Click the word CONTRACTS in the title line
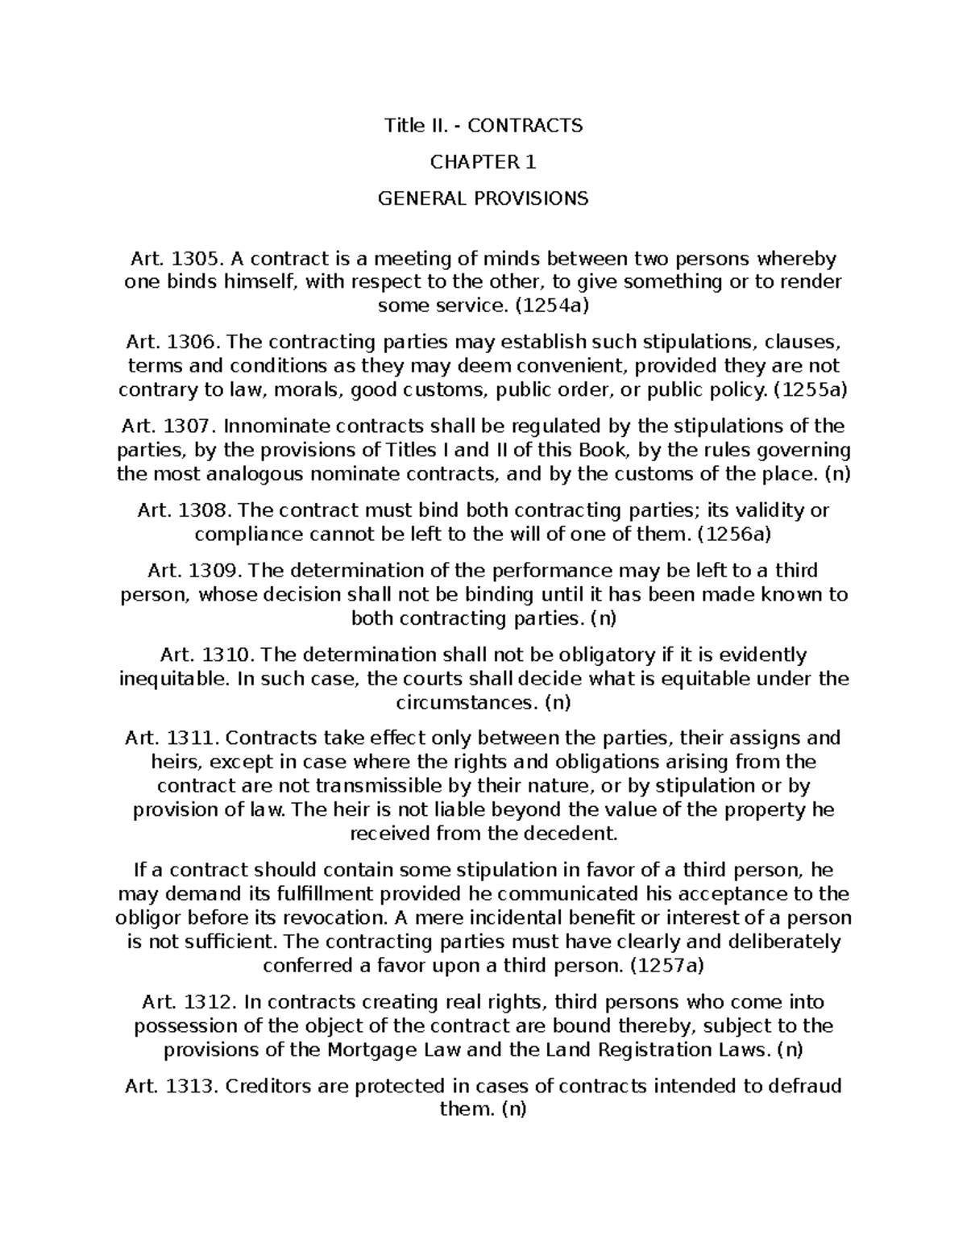click(x=525, y=126)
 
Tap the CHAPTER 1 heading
click(x=483, y=162)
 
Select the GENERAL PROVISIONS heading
click(x=483, y=198)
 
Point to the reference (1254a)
click(x=552, y=306)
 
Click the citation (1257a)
click(x=667, y=966)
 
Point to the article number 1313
click(x=193, y=1086)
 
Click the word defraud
click(x=805, y=1086)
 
